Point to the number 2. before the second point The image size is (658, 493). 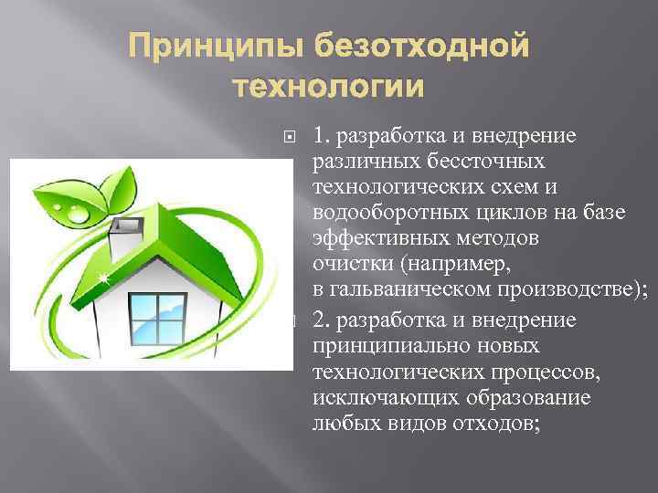(x=322, y=320)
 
